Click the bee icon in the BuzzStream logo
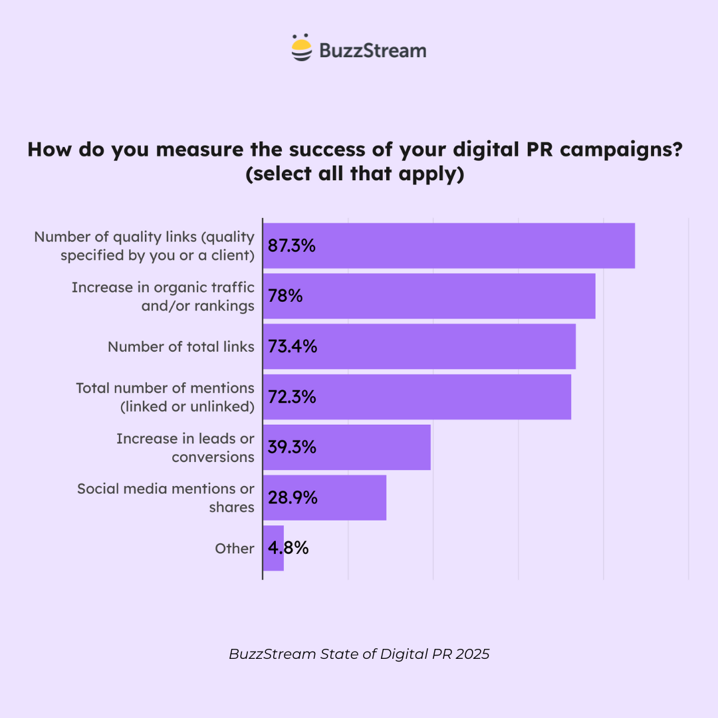(301, 49)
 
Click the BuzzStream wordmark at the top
(372, 51)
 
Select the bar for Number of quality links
(465, 245)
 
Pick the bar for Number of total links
(439, 346)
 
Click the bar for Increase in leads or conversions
(372, 447)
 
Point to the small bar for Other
(273, 548)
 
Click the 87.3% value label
(291, 245)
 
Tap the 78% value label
(285, 296)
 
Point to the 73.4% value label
(292, 346)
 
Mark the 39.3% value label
(292, 447)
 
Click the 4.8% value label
(288, 548)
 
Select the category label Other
(235, 548)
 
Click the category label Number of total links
(181, 346)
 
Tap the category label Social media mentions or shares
(166, 497)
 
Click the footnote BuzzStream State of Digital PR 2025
(359, 654)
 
